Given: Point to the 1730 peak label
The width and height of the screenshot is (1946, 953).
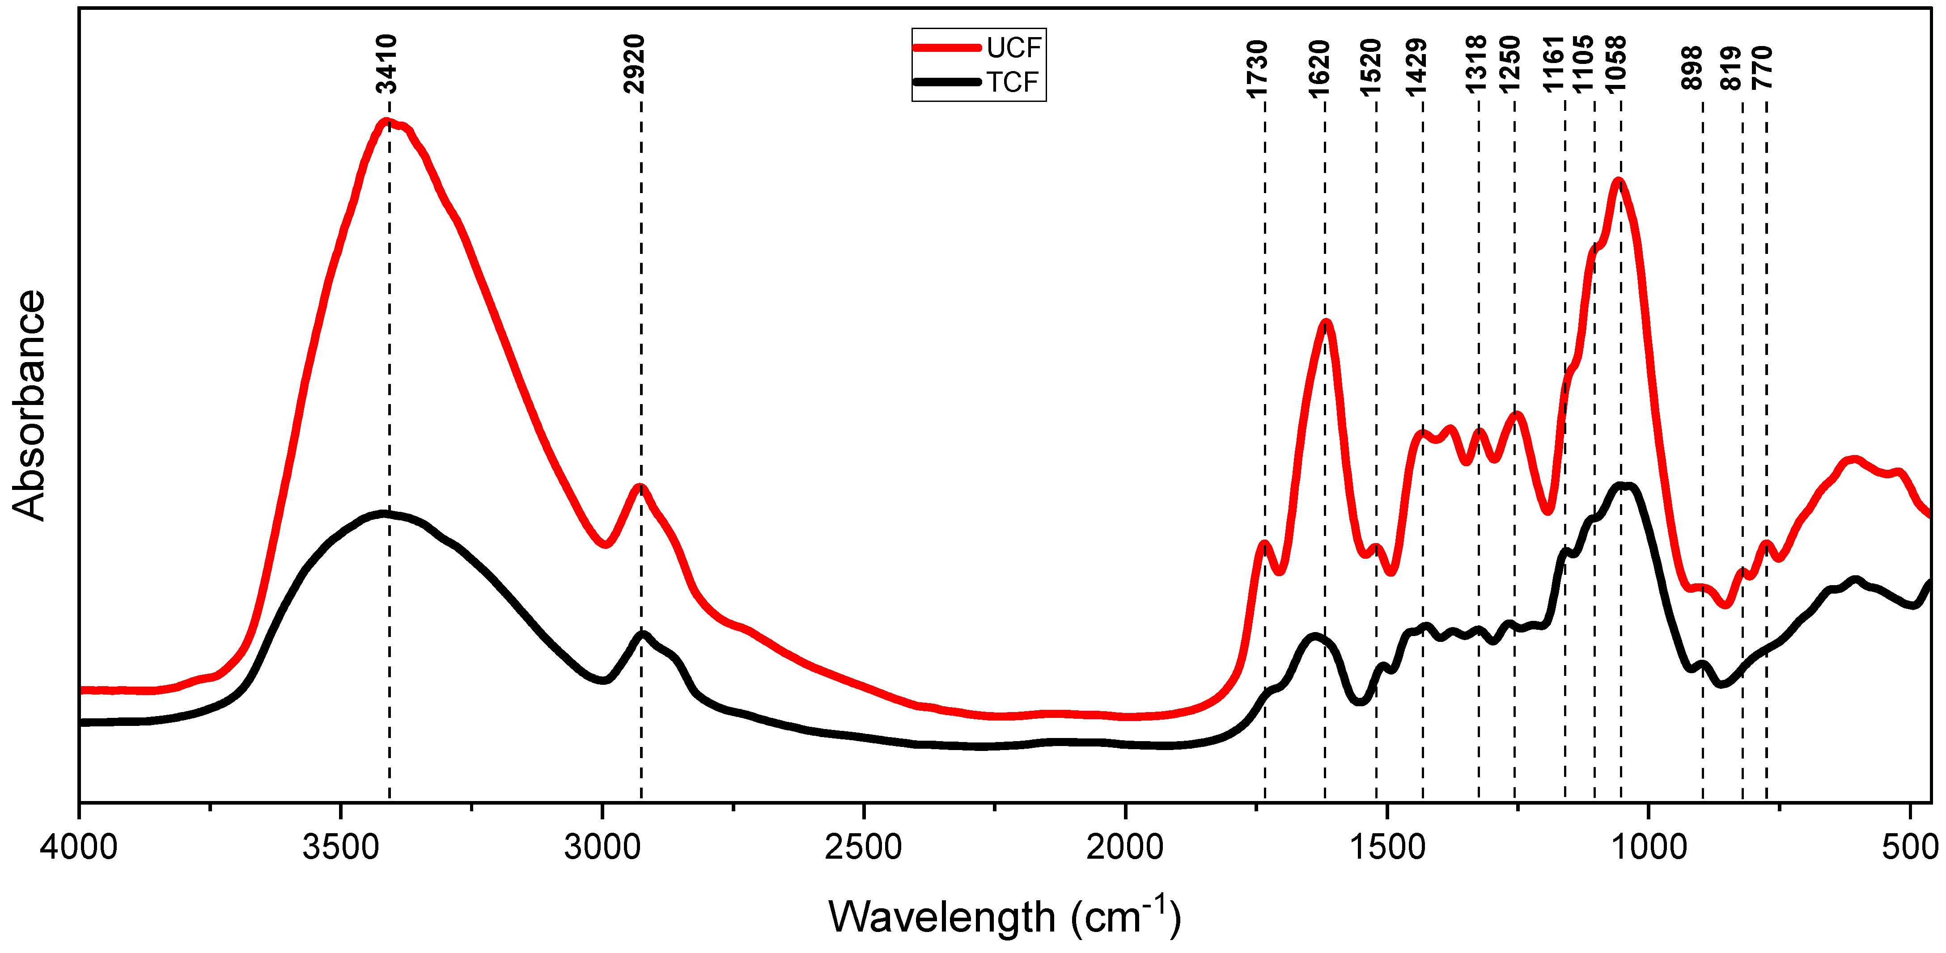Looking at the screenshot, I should click(1257, 69).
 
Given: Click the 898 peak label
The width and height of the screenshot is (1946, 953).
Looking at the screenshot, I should click(1692, 68).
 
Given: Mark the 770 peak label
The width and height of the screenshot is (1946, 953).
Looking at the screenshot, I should click(1762, 68).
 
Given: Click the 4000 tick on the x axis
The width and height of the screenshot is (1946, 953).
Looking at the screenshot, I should click(79, 847).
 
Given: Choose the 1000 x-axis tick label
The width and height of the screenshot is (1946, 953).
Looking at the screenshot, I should click(1649, 847).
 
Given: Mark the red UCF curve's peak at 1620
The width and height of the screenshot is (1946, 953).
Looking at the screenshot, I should click(1326, 323).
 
